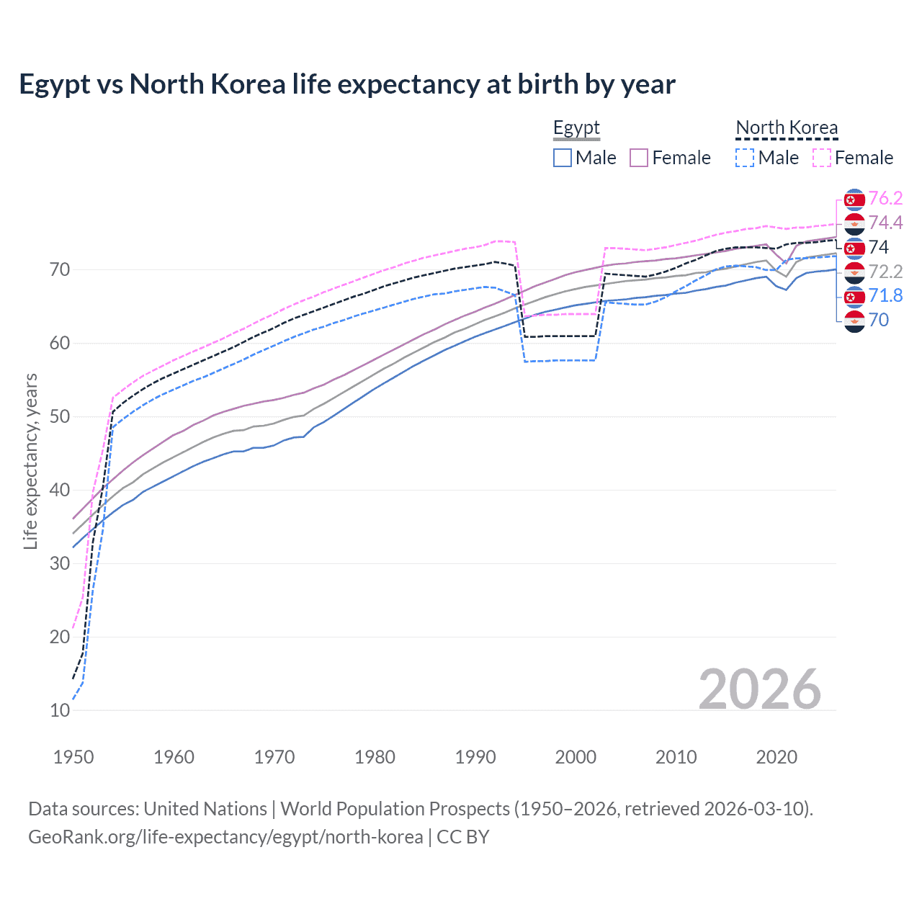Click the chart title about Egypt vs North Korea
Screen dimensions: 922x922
(x=346, y=84)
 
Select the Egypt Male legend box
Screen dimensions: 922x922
(x=563, y=158)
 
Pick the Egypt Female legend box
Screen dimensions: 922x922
(x=639, y=158)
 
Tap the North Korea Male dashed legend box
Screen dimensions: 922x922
(x=745, y=158)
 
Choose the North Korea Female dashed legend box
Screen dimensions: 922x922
(x=821, y=158)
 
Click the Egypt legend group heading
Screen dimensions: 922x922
(x=576, y=127)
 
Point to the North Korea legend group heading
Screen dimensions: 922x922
(x=787, y=127)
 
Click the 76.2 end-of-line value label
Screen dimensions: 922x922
(x=885, y=198)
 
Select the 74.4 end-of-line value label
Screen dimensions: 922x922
(x=885, y=223)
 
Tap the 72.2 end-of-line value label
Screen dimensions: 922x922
(x=885, y=272)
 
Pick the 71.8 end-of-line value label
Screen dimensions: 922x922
(x=885, y=295)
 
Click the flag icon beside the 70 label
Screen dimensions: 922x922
(x=854, y=321)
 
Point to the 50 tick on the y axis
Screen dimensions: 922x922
(x=60, y=416)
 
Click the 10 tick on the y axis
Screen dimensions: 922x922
(x=60, y=710)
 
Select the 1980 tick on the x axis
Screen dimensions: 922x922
(x=375, y=757)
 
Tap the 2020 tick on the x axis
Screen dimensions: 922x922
(x=776, y=757)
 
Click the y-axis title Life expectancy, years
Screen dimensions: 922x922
(x=30, y=461)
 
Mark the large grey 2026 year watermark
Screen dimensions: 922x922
(x=759, y=689)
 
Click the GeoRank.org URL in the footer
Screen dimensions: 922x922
(x=225, y=837)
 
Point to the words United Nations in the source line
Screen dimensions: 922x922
(x=205, y=809)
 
